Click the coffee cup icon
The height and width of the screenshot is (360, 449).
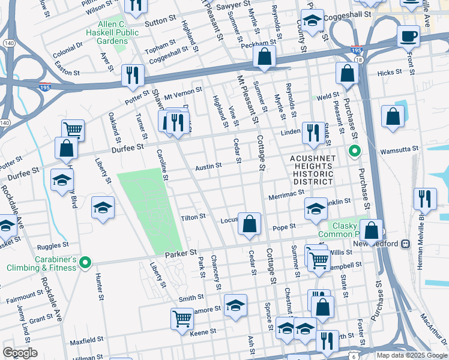point(408,36)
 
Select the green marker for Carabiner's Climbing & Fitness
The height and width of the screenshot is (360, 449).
point(85,262)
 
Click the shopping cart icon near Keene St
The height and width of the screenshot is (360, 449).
point(182,319)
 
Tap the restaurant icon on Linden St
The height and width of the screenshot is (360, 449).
point(312,133)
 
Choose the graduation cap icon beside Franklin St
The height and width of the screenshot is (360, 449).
point(316,208)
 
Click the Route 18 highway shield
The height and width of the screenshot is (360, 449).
point(358,61)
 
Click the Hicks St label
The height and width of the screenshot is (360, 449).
point(388,73)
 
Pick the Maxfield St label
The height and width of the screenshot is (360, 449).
point(84,343)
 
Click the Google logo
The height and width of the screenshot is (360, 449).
point(20,353)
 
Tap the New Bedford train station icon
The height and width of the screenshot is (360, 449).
point(406,244)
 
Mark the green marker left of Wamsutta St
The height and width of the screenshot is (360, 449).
point(354,152)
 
